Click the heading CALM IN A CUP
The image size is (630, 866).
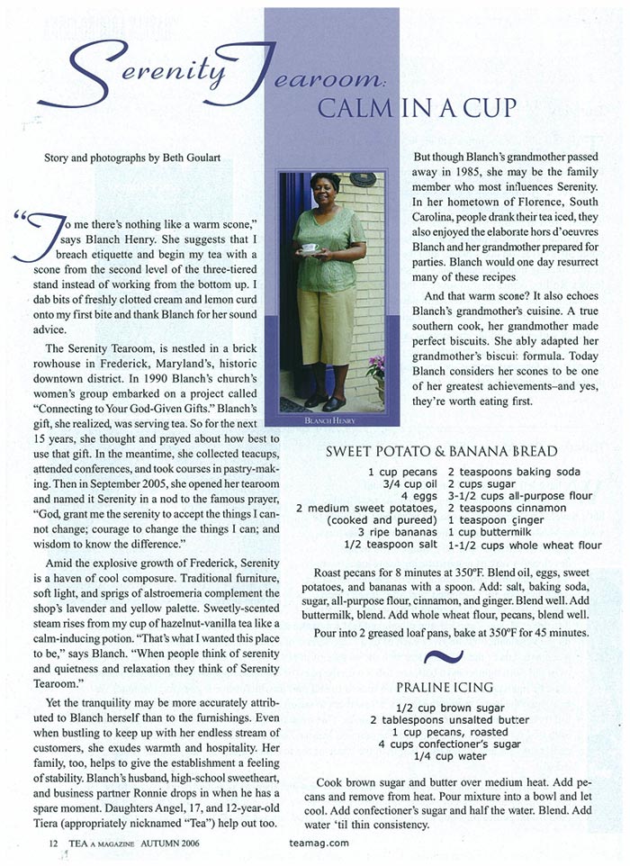tap(418, 108)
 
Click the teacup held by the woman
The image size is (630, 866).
tap(309, 248)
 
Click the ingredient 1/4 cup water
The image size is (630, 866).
tap(458, 757)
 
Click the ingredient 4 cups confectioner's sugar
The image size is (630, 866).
tap(457, 744)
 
